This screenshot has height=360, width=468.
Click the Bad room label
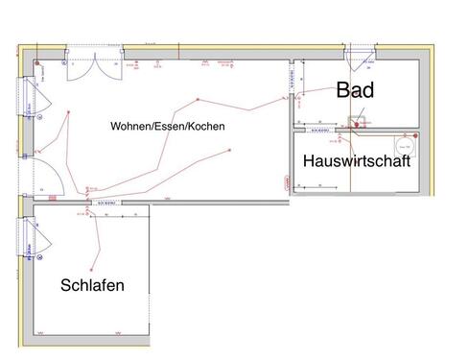(354, 92)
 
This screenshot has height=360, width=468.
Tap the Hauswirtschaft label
(357, 162)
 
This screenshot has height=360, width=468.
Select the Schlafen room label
(92, 285)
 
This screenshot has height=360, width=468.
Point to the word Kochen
(205, 126)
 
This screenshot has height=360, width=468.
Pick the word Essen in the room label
(170, 126)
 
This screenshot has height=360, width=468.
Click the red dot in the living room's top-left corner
(37, 63)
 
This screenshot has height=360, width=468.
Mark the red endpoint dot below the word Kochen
(230, 152)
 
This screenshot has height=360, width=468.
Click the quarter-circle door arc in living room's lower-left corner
(54, 180)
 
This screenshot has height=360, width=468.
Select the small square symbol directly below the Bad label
(356, 123)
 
